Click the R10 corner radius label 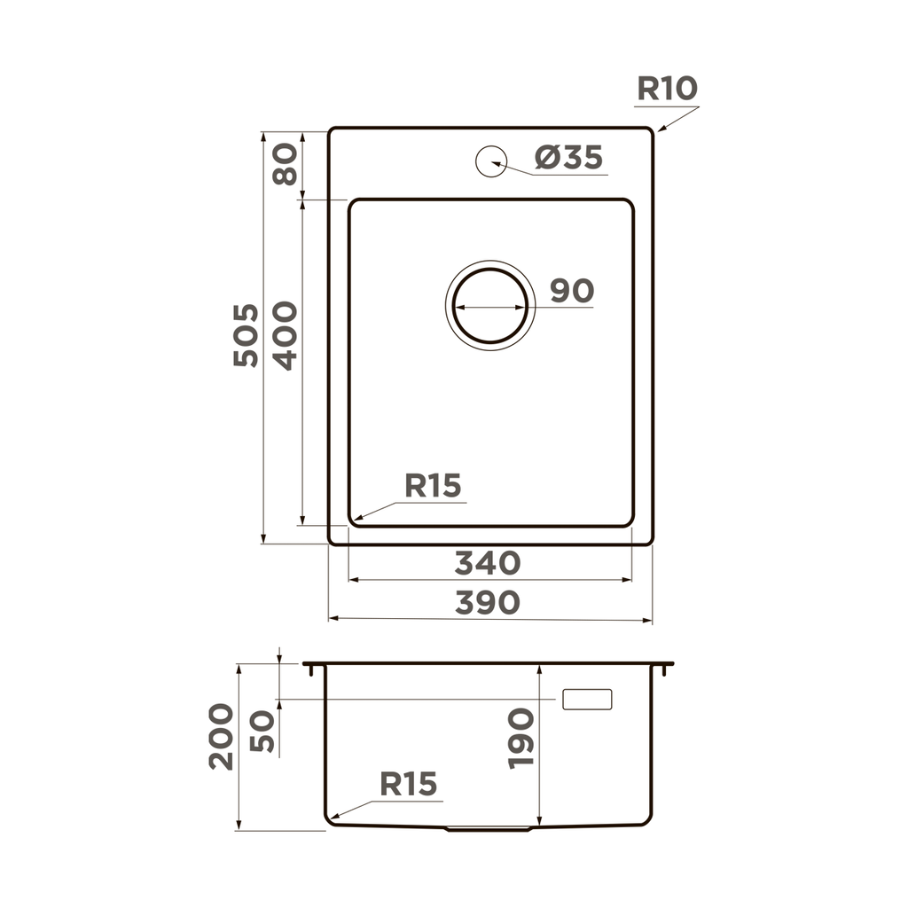[x=667, y=89]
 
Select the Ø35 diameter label [x=568, y=158]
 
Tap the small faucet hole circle [x=489, y=160]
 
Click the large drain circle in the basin [x=489, y=305]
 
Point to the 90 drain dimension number [x=571, y=290]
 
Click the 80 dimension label [x=285, y=164]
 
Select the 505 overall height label [x=246, y=335]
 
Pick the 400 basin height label [x=285, y=335]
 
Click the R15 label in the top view [x=433, y=485]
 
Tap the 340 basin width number [x=487, y=562]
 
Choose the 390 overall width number [x=487, y=602]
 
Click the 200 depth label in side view [x=221, y=736]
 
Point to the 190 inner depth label [x=521, y=738]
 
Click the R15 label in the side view [x=409, y=784]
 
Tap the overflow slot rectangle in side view [x=587, y=699]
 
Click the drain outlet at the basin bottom [x=489, y=829]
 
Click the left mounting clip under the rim [x=310, y=670]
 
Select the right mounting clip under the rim [x=665, y=670]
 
